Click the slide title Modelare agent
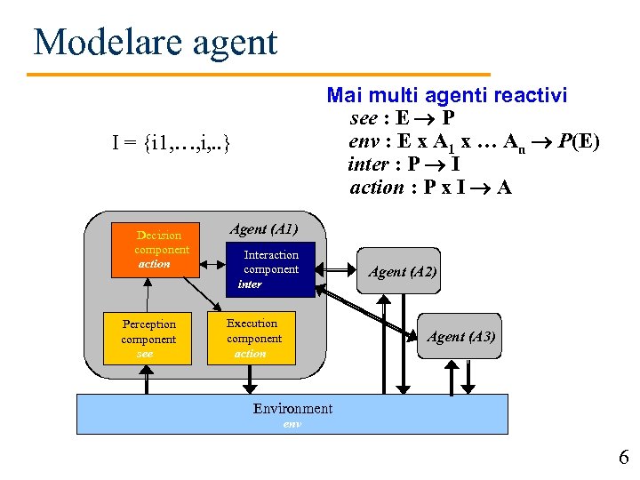[x=155, y=42]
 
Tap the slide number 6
[x=623, y=458]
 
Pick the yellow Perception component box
[x=148, y=339]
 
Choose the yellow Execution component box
[x=252, y=338]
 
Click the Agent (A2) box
[x=403, y=272]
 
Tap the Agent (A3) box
[x=460, y=337]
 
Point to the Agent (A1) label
[x=264, y=229]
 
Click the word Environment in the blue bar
[x=292, y=409]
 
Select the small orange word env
[x=292, y=424]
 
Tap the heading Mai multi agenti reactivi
[x=447, y=95]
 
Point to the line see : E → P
[x=404, y=118]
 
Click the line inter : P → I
[x=404, y=164]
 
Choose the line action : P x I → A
[x=431, y=188]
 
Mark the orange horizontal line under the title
[x=260, y=74]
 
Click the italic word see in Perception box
[x=145, y=353]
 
